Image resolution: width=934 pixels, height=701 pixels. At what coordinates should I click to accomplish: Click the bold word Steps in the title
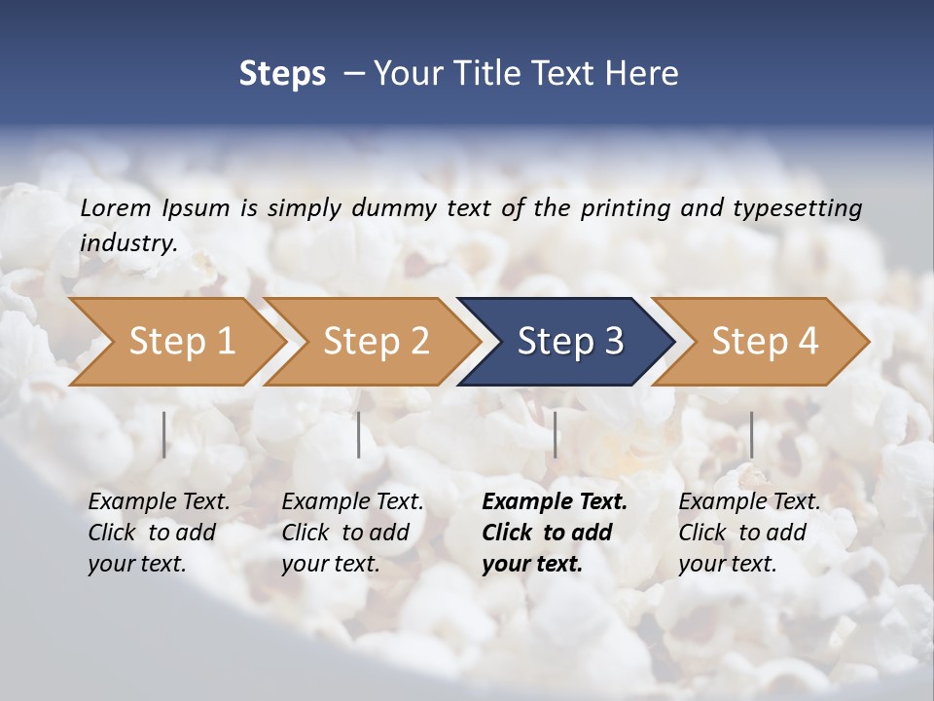coord(282,74)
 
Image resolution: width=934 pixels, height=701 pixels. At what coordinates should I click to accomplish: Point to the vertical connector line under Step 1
coord(164,434)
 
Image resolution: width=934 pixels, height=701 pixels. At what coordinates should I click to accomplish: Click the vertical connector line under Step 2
coord(359,434)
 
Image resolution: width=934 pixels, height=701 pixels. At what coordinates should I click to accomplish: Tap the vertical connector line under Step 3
coord(556,434)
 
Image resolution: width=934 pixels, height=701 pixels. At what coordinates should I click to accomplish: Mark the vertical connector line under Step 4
coord(751,434)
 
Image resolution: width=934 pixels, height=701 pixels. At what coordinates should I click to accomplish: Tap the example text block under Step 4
coord(749,533)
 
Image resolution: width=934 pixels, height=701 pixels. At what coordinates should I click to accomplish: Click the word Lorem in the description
coord(115,207)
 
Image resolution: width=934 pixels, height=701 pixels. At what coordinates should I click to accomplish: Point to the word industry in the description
coord(128,243)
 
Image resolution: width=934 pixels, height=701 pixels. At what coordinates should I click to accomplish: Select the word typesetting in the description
coord(797,207)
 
